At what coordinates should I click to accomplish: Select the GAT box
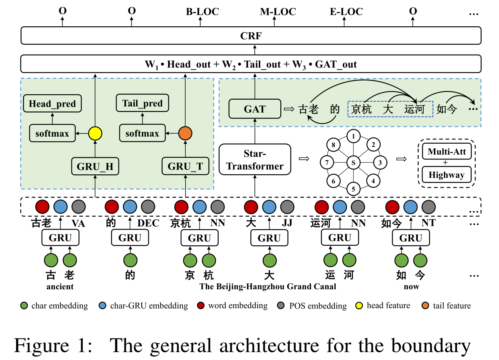click(254, 109)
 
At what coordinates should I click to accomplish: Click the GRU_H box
click(95, 166)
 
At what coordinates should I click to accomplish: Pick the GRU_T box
click(185, 166)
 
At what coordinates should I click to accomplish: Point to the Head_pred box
click(52, 104)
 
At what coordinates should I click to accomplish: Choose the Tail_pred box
click(142, 104)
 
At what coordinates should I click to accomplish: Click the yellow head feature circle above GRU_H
click(95, 133)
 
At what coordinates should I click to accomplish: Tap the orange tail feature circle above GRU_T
click(185, 133)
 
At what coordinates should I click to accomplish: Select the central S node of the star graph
click(353, 162)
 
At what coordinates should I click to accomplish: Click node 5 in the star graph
click(353, 188)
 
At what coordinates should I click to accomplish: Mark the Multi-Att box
click(446, 152)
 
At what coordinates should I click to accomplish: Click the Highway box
click(446, 175)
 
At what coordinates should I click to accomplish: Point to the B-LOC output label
click(202, 11)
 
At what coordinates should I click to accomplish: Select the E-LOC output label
click(346, 11)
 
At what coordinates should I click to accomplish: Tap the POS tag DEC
click(148, 223)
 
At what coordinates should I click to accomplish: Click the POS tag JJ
click(287, 223)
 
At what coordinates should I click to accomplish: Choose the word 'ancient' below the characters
click(60, 287)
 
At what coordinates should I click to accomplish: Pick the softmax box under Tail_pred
click(142, 133)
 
